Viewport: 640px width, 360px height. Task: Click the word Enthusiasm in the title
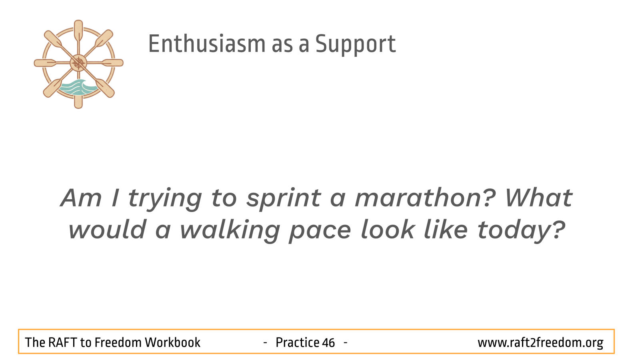[207, 44]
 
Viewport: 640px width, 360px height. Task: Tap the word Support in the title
[356, 44]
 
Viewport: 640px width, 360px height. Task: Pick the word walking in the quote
[230, 230]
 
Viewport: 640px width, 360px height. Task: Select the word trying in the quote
[165, 199]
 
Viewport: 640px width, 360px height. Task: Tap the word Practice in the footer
[297, 342]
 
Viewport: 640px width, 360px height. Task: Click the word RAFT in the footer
[62, 342]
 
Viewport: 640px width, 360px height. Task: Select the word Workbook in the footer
[172, 342]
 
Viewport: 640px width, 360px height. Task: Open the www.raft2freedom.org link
[540, 343]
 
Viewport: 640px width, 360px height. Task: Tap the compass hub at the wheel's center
[78, 63]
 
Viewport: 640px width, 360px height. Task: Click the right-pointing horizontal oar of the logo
[105, 62]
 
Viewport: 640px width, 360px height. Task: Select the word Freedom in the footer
[118, 342]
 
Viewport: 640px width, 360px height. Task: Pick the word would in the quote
[108, 230]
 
